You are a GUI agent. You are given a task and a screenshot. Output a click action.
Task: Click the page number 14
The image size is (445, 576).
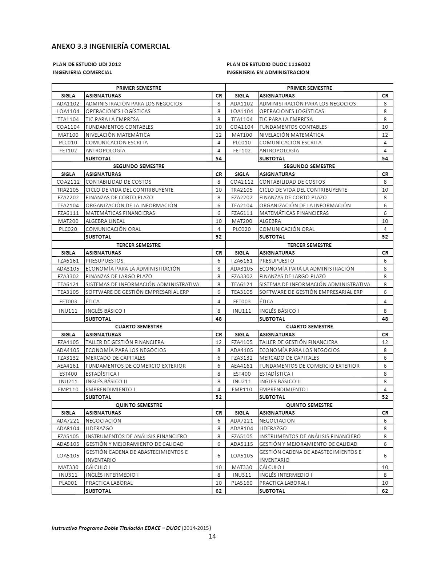pyautogui.click(x=212, y=536)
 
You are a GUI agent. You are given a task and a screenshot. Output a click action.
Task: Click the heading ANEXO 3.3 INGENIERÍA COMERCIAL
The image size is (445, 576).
pyautogui.click(x=111, y=46)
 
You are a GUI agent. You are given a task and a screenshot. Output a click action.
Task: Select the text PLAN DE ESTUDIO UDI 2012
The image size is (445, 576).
pyautogui.click(x=87, y=64)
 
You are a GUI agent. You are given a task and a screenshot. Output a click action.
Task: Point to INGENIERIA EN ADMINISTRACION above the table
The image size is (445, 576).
pyautogui.click(x=268, y=72)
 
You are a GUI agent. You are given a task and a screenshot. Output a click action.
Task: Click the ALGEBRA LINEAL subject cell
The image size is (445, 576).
pyautogui.click(x=105, y=221)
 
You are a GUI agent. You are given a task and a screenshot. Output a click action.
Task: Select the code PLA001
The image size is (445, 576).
pyautogui.click(x=68, y=483)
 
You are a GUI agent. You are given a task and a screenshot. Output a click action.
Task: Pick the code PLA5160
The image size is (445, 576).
pyautogui.click(x=242, y=483)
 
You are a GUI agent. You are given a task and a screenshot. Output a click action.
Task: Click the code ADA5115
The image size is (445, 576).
pyautogui.click(x=242, y=444)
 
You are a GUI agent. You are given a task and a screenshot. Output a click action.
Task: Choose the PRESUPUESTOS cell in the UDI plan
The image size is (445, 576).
pyautogui.click(x=105, y=261)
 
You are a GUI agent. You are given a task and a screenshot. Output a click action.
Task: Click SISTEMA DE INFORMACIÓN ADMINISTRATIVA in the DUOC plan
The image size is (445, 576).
pyautogui.click(x=315, y=284)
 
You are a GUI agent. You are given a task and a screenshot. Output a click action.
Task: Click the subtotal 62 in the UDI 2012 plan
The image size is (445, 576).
pyautogui.click(x=219, y=491)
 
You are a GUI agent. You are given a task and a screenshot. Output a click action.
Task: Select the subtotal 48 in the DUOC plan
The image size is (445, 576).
pyautogui.click(x=385, y=319)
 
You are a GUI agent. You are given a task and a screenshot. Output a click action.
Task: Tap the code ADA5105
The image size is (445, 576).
pyautogui.click(x=68, y=444)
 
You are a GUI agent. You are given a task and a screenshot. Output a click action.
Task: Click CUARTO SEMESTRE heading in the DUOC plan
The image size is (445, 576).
pyautogui.click(x=309, y=327)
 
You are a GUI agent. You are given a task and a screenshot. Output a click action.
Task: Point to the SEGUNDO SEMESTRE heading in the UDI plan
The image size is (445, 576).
pyautogui.click(x=139, y=166)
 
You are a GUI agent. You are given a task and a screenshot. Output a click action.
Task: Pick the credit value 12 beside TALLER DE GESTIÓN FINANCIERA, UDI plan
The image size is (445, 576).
pyautogui.click(x=219, y=342)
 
